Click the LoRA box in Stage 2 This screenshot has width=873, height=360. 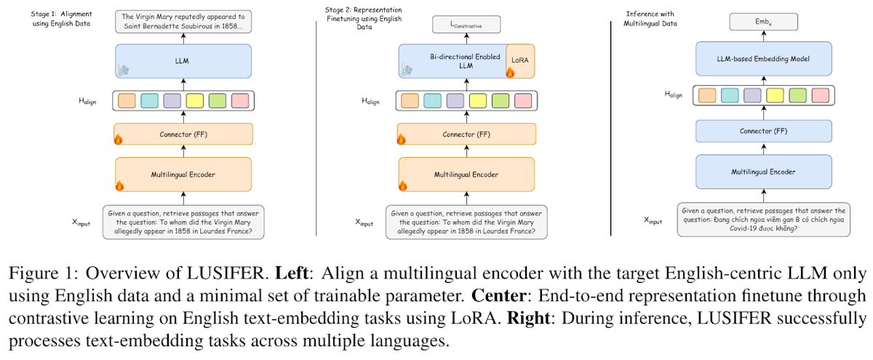click(520, 61)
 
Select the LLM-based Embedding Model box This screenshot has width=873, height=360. click(763, 59)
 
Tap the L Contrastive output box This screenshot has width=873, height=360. click(466, 25)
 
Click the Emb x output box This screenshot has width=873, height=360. click(763, 22)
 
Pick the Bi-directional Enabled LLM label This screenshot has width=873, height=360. click(466, 61)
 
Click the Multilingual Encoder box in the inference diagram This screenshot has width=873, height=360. click(763, 172)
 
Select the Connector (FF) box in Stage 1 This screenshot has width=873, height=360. click(183, 134)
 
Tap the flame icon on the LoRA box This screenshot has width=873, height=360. click(510, 72)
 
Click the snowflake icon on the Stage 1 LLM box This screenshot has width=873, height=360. click(124, 70)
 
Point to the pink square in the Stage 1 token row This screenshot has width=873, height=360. click(240, 100)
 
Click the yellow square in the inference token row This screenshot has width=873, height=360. click(775, 95)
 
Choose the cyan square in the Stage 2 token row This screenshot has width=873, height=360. click(432, 100)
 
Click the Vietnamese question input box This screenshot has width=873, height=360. click(763, 220)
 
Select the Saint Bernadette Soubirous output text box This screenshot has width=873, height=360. click(183, 21)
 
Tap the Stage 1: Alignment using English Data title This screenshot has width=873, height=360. click(61, 19)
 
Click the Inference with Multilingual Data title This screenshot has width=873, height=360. click(650, 19)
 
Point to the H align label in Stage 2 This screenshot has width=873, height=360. click(370, 101)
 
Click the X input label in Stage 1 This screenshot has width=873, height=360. click(81, 223)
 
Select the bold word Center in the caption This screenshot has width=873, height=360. click(499, 295)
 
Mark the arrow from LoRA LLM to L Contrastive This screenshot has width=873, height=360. click(466, 39)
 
